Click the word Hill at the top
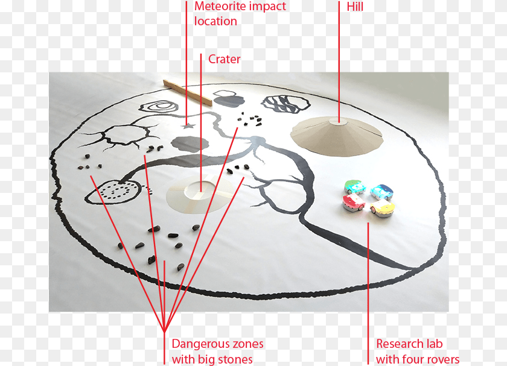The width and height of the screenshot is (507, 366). point(355,7)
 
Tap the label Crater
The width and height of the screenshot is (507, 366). point(224,59)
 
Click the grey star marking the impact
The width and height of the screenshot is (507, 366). point(188,125)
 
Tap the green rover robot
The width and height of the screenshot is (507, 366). point(354,187)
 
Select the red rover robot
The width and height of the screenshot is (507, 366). point(354,203)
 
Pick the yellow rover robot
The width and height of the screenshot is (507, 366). point(383,207)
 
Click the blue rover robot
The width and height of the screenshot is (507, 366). point(382,192)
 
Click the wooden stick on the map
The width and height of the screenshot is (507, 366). point(188,93)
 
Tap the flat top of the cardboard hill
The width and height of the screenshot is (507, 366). point(338,121)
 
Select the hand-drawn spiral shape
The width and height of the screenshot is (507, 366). point(159,106)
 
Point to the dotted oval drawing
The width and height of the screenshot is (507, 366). point(114,192)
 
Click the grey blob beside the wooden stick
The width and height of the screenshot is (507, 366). point(229,99)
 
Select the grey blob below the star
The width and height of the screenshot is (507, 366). point(190,144)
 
